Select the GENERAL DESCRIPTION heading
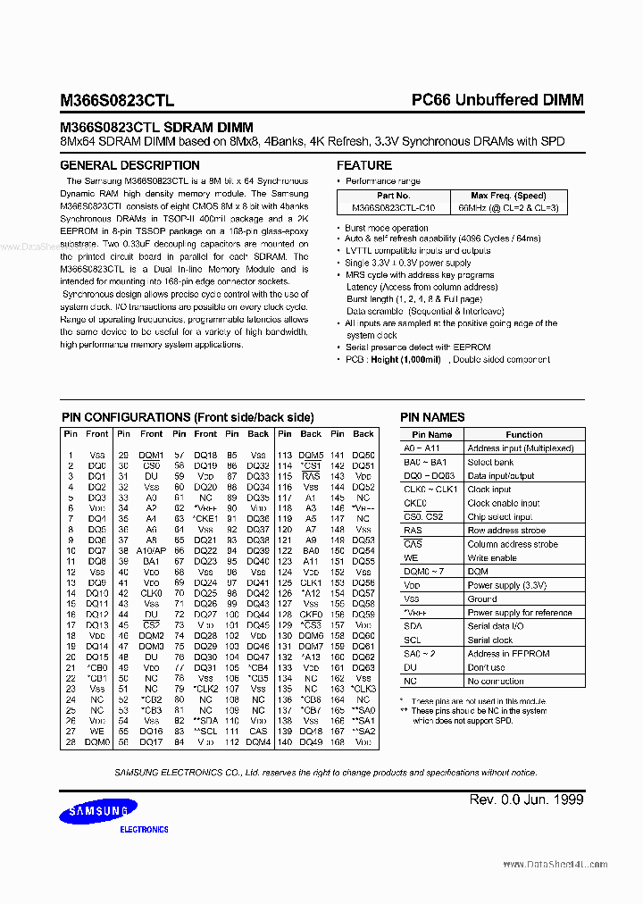pos(129,165)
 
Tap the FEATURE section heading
pos(363,165)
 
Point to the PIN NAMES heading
pos(432,417)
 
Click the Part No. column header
pos(393,196)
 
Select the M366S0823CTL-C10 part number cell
pos(393,207)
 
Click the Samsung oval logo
pos(99,811)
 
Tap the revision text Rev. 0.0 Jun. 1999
pos(526,799)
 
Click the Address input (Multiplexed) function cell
pos(520,448)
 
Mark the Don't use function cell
pos(486,667)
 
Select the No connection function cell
pos(496,682)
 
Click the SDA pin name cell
pos(413,626)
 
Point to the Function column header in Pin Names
pos(523,434)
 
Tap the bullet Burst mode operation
pos(386,229)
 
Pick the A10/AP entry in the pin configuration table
pos(152,551)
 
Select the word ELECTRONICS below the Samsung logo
pos(144,830)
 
